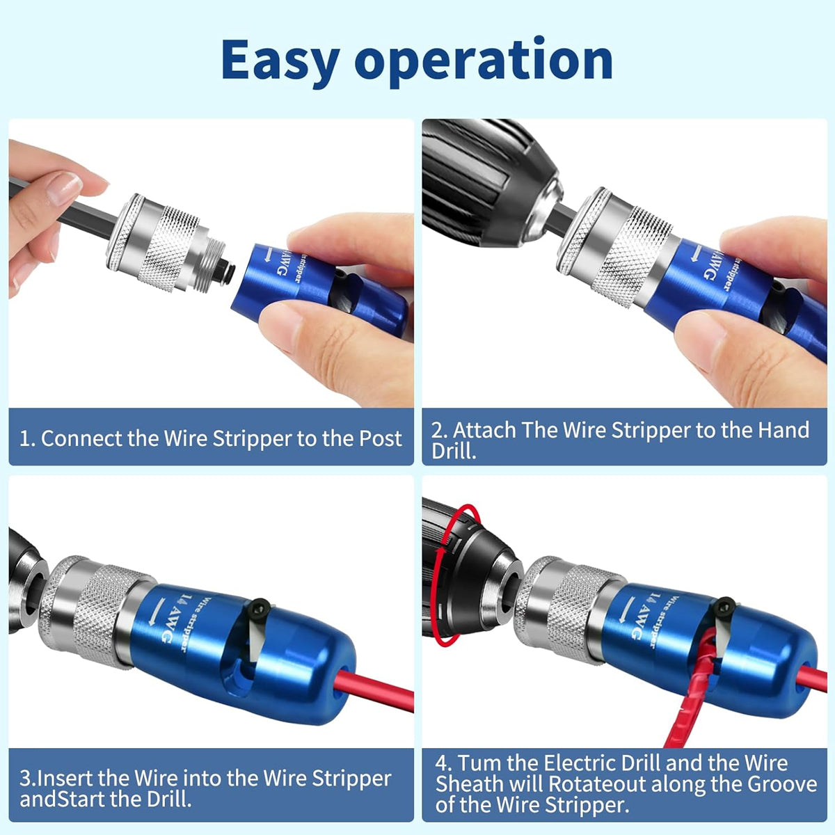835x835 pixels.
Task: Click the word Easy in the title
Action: pos(278,61)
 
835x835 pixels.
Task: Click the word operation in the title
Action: pos(484,61)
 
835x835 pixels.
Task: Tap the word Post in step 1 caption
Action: pos(380,438)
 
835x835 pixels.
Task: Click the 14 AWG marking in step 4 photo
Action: pos(644,616)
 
